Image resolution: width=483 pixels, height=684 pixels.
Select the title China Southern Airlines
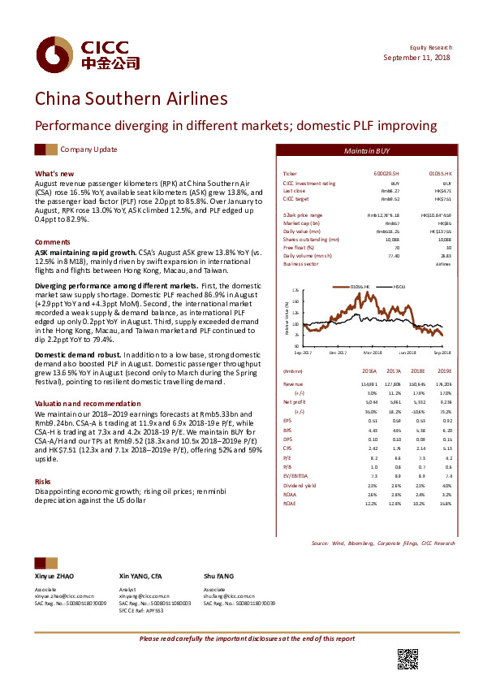click(x=131, y=99)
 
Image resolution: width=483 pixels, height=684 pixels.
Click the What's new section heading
click(x=54, y=174)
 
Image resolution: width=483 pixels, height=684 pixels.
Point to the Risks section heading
click(x=42, y=482)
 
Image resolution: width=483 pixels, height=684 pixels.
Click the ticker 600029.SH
click(x=387, y=174)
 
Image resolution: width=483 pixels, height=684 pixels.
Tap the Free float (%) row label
click(x=300, y=246)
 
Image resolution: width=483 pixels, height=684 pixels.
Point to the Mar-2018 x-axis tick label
click(x=373, y=353)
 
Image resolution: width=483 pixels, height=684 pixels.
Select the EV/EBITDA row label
click(x=298, y=475)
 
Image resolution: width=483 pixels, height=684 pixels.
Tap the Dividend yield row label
click(x=300, y=485)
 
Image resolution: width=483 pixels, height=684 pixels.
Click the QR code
click(x=408, y=660)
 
